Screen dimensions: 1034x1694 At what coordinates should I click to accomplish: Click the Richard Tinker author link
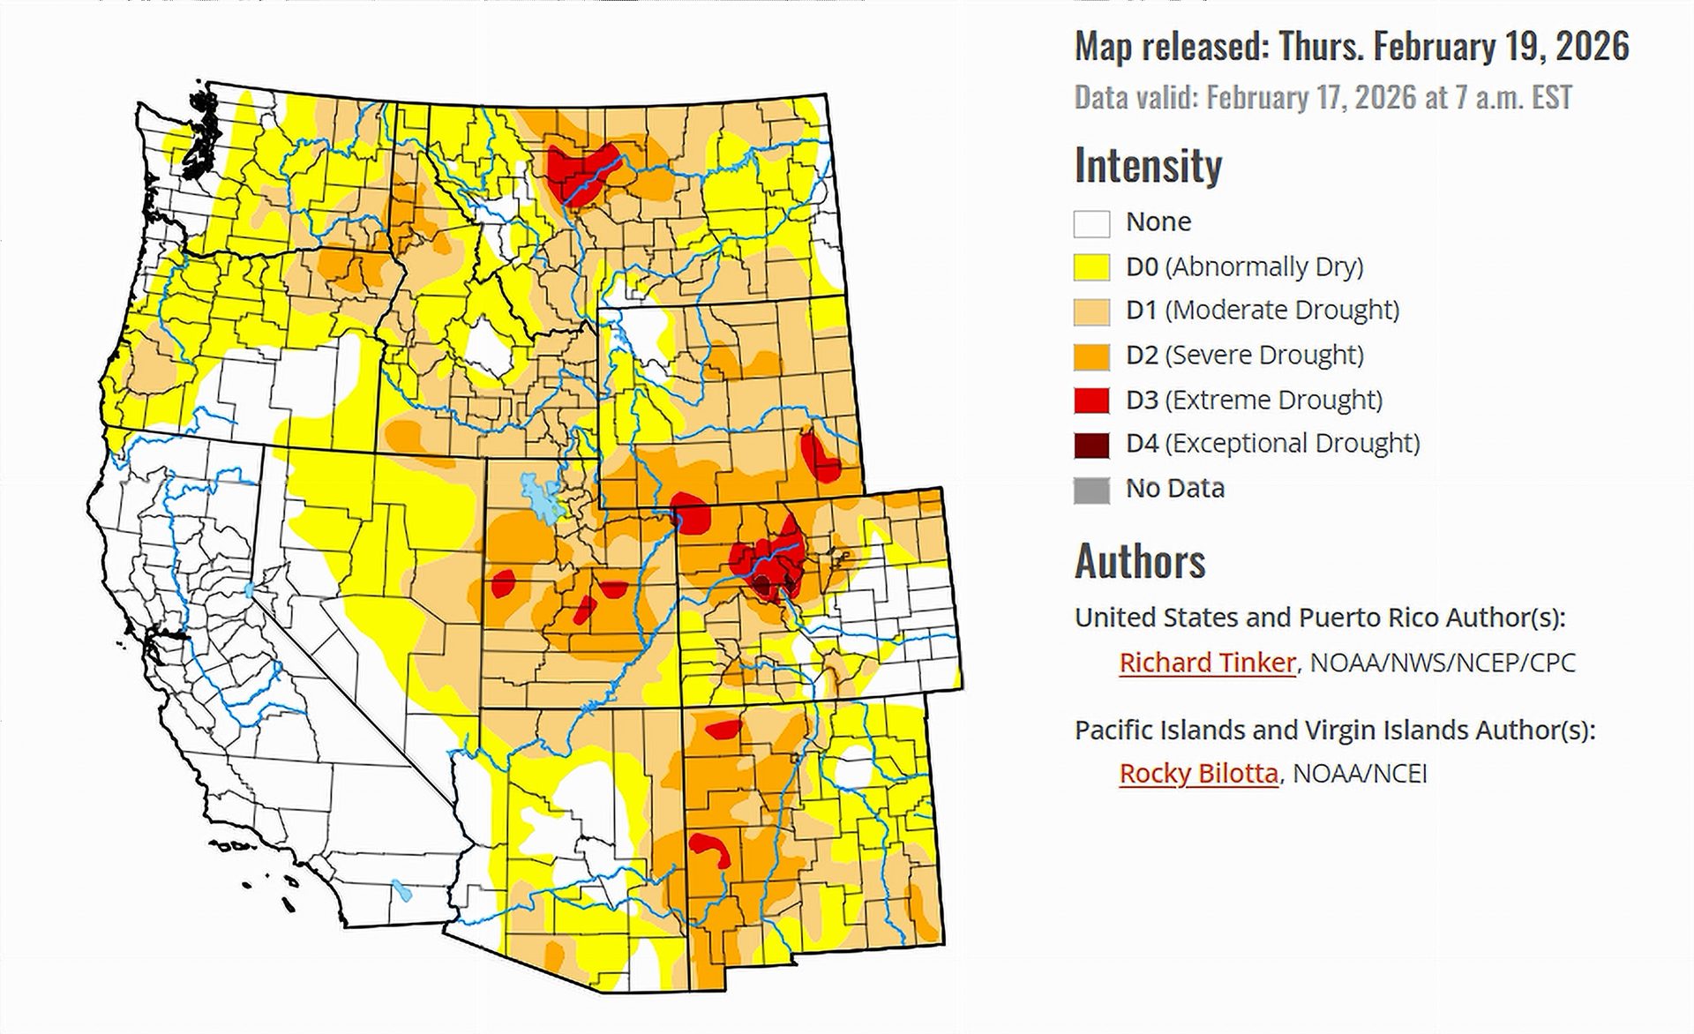(x=1206, y=663)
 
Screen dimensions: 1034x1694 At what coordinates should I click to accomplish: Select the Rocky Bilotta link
(x=1197, y=774)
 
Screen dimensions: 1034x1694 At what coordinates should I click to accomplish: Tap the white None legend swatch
(x=1091, y=223)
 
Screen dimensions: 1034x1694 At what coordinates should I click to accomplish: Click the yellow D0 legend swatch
(x=1091, y=267)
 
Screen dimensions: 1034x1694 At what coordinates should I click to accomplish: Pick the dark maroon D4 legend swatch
(x=1091, y=445)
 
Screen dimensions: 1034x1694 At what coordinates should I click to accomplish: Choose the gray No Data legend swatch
(x=1091, y=490)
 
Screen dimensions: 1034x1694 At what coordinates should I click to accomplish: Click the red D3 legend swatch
(x=1091, y=401)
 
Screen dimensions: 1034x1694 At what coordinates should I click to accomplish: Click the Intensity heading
(x=1148, y=166)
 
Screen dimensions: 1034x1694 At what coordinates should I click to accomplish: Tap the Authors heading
(x=1139, y=561)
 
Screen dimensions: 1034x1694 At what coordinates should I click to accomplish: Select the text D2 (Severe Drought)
(x=1244, y=355)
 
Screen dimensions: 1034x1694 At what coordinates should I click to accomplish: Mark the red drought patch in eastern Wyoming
(x=822, y=456)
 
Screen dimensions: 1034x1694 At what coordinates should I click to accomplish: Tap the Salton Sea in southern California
(x=401, y=890)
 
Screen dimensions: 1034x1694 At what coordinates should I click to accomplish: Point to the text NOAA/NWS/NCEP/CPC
(x=1442, y=663)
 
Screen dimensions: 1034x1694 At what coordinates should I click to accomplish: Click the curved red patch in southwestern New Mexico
(x=711, y=848)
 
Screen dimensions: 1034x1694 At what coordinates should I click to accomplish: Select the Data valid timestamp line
(x=1323, y=97)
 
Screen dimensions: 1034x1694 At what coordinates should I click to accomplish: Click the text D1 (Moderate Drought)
(x=1262, y=311)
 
